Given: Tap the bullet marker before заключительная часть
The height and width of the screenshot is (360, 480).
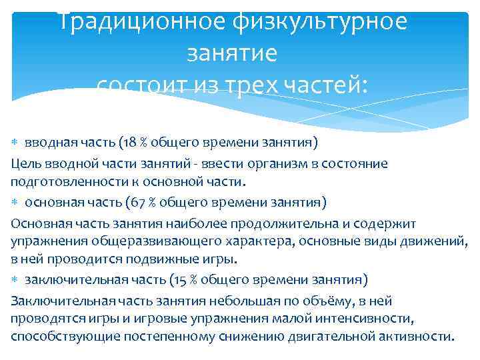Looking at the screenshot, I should (16, 279).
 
